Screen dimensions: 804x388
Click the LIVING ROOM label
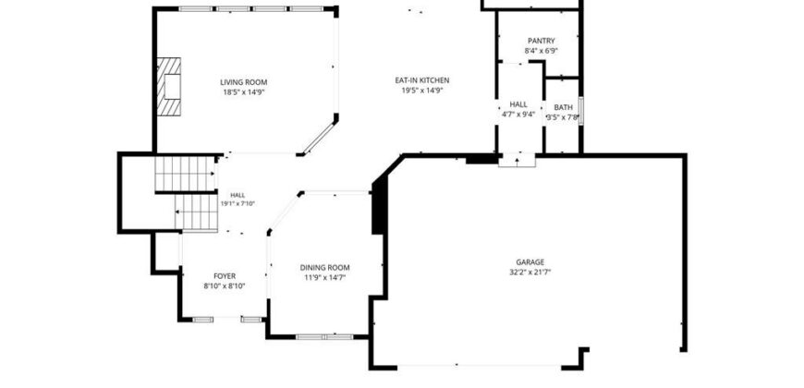tap(244, 82)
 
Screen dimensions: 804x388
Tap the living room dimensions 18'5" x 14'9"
tap(244, 92)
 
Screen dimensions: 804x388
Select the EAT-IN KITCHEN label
tap(422, 80)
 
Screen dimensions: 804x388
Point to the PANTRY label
tap(541, 41)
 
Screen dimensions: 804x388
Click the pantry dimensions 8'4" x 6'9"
tap(541, 51)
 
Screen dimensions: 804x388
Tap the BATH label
tap(563, 108)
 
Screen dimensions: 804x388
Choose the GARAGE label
tap(530, 262)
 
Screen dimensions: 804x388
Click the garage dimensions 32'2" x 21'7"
tap(530, 273)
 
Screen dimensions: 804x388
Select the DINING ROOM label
tap(324, 268)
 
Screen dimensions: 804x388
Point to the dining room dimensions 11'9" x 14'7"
tap(324, 278)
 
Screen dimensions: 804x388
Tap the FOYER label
tap(225, 276)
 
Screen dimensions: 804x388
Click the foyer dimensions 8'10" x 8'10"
tap(225, 286)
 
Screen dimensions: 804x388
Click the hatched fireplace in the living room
tap(169, 87)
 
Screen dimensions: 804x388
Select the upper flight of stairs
tap(185, 174)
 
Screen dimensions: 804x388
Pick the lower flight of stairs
tap(197, 212)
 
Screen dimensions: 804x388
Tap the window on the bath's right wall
tap(581, 110)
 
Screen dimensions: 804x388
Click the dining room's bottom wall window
tap(324, 337)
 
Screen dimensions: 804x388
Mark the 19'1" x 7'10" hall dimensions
tap(238, 203)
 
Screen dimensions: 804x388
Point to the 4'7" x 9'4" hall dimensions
tap(518, 115)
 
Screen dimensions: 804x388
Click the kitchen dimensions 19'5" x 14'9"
tap(422, 91)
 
